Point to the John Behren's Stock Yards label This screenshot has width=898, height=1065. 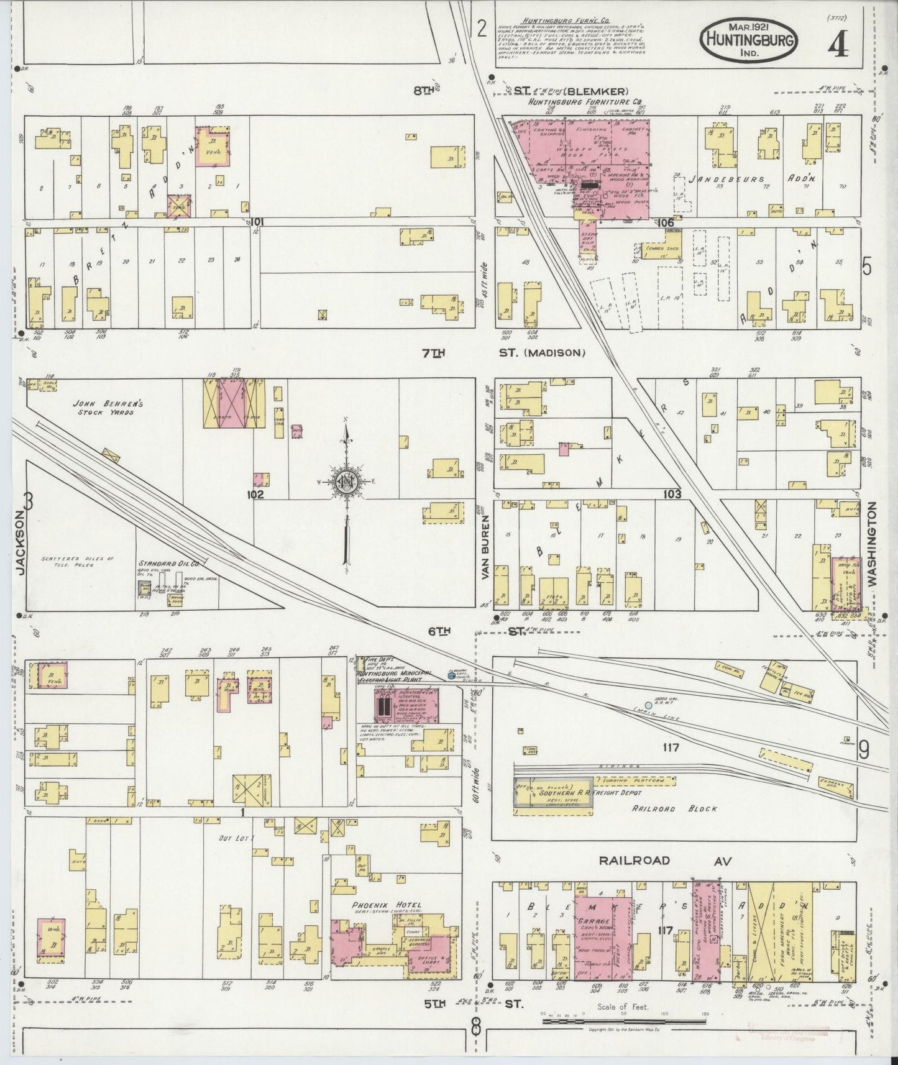tap(111, 408)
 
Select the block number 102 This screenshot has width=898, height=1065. tap(255, 495)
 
